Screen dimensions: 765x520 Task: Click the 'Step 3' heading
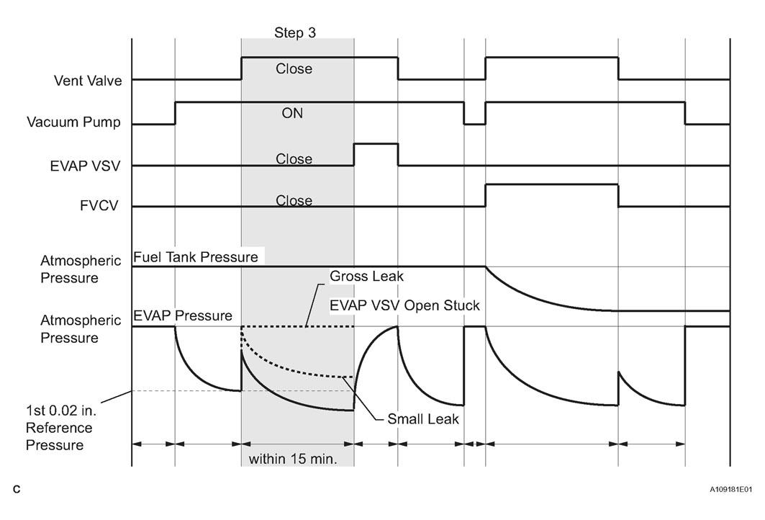[294, 32]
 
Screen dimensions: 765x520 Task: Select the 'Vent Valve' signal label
[88, 81]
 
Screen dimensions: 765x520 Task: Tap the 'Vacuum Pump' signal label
[73, 122]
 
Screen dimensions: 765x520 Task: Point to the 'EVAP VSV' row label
[85, 166]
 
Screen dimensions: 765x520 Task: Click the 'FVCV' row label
[99, 205]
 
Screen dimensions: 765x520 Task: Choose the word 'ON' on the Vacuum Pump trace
[292, 113]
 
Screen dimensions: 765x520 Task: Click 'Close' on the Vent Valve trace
[294, 69]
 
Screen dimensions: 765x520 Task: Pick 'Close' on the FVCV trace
[294, 200]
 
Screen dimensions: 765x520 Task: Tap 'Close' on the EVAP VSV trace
[294, 158]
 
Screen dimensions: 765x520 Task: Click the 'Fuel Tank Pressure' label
[196, 257]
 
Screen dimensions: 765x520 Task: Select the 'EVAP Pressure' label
[183, 315]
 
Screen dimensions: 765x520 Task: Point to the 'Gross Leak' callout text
[367, 277]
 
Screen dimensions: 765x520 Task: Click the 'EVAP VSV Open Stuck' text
[405, 305]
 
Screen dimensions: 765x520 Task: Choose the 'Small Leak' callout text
[423, 419]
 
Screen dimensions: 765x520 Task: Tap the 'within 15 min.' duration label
[293, 459]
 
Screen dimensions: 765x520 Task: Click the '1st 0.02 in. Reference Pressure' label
[61, 428]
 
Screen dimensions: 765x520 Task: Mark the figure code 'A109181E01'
[730, 489]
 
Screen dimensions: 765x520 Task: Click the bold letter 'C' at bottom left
[17, 489]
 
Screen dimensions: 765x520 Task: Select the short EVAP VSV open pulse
[376, 144]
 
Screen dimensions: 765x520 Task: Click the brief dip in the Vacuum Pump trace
[475, 124]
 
